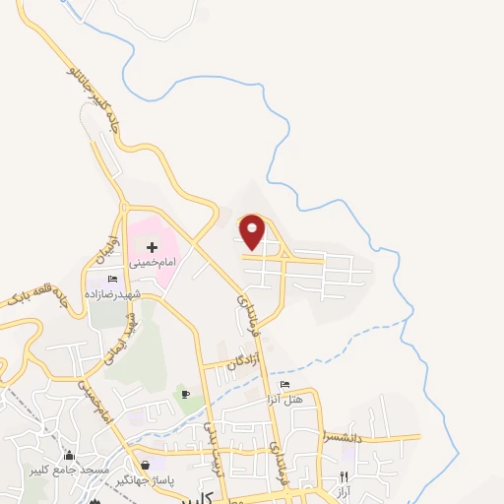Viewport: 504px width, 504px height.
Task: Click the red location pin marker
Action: [x=253, y=231]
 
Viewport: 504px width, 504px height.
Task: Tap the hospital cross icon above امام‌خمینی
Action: [x=152, y=246]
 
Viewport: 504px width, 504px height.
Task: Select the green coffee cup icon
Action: [x=185, y=395]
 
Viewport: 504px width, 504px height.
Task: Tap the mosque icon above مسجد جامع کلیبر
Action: [x=69, y=456]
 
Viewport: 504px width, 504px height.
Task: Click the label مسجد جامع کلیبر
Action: [x=69, y=471]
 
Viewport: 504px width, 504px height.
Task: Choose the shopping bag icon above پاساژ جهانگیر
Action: [x=147, y=465]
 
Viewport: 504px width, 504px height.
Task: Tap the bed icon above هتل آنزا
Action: [x=285, y=384]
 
